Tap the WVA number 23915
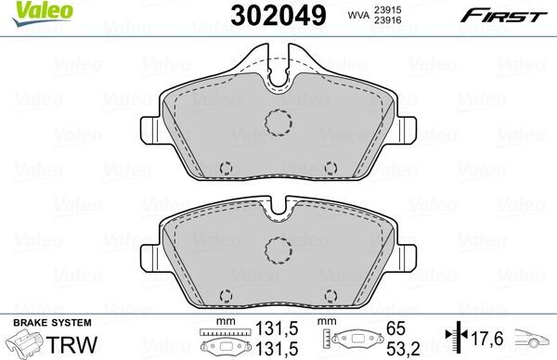(381, 8)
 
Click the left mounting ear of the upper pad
(149, 132)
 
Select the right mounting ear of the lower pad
(408, 256)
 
